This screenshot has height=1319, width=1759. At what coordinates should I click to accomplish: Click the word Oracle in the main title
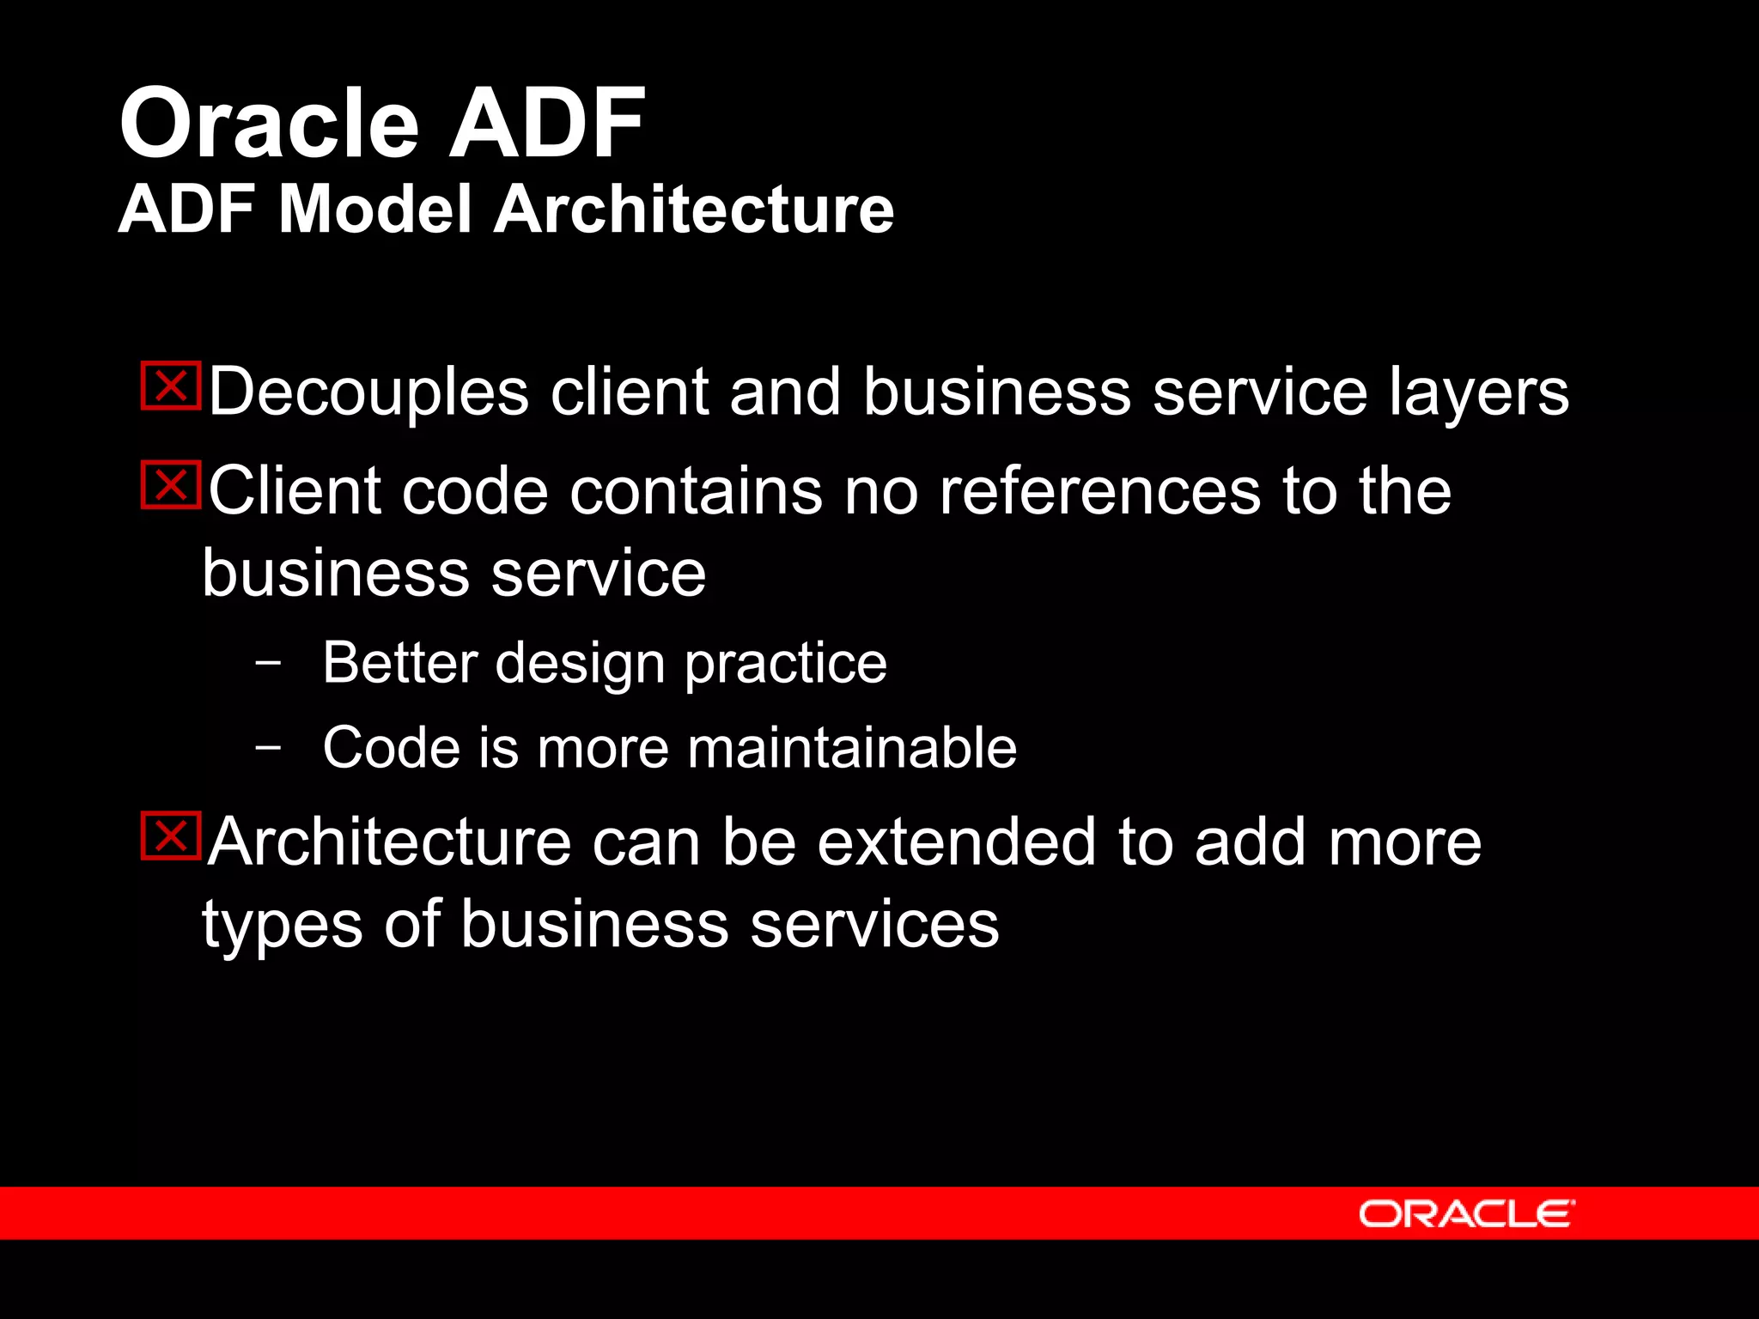click(269, 125)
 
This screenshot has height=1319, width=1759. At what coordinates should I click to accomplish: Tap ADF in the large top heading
click(546, 125)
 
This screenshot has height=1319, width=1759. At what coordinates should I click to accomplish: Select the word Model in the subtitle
click(375, 210)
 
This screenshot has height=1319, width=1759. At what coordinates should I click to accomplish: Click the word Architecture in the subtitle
click(694, 210)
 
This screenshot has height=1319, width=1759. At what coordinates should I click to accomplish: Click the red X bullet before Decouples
click(171, 386)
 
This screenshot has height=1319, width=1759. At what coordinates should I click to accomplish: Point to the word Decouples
click(368, 393)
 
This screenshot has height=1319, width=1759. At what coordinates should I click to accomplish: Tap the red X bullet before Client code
click(171, 485)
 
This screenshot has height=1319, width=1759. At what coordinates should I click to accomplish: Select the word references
click(1099, 492)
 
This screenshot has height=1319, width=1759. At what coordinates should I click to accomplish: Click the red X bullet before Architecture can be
click(171, 836)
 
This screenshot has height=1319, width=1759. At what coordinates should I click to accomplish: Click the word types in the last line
click(282, 926)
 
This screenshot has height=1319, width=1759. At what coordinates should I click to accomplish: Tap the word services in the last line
click(874, 926)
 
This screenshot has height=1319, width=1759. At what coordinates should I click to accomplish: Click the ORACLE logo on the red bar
click(1466, 1214)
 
